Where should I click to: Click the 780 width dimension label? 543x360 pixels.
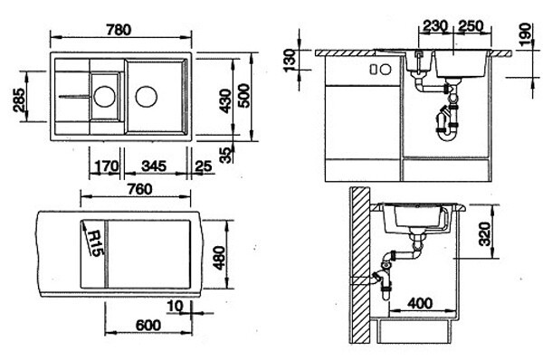click(119, 30)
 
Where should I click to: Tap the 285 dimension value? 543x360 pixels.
click(19, 100)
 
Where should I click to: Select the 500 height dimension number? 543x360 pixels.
click(243, 96)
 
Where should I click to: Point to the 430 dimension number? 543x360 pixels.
click(225, 101)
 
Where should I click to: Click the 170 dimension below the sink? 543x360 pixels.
click(106, 166)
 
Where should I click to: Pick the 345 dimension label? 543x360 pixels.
click(154, 166)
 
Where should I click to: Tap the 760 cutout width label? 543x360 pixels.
click(139, 189)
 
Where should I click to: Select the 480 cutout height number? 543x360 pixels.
click(219, 258)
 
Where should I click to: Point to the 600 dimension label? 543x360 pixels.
click(148, 326)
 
